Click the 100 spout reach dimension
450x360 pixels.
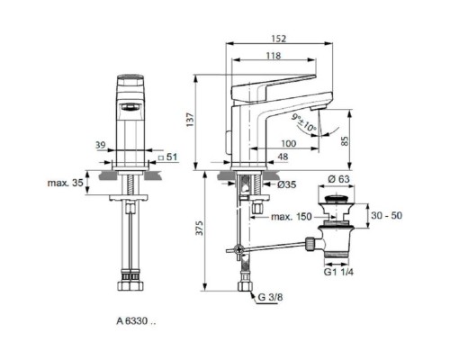[289, 143]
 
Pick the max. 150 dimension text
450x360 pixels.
[292, 218]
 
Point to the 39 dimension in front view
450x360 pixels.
[101, 144]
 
